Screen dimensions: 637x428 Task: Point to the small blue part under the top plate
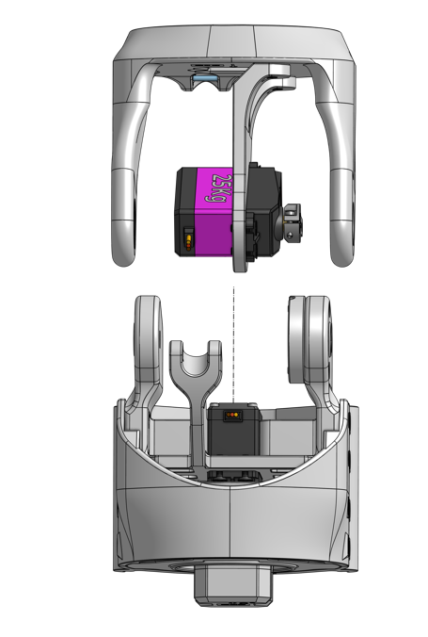[205, 83]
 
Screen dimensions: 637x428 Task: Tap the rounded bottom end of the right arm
[342, 253]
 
